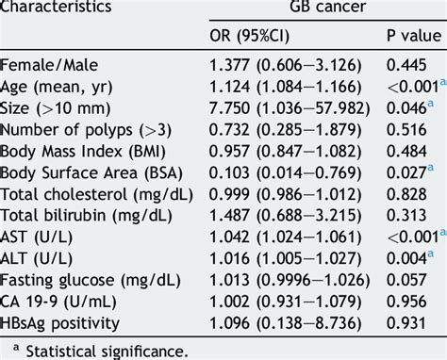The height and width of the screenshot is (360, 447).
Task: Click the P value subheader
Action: click(411, 38)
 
